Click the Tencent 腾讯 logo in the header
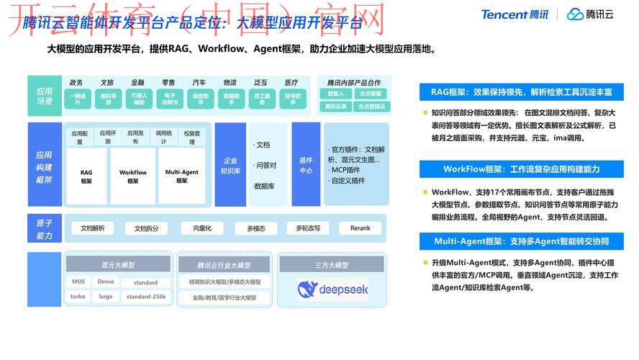[515, 14]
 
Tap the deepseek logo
[332, 289]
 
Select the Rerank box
[360, 228]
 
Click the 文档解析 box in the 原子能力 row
[92, 228]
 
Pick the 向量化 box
[196, 228]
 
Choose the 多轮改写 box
[303, 228]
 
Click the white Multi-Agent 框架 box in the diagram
[181, 176]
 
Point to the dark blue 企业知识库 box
[230, 166]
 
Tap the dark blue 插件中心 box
[306, 166]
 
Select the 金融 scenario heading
[137, 83]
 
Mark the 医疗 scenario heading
[291, 83]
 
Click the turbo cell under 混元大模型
[78, 297]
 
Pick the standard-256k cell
[146, 297]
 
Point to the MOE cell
[78, 282]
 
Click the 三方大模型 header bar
[332, 265]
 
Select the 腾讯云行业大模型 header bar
[224, 265]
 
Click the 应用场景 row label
[45, 96]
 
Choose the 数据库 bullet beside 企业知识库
[266, 186]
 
